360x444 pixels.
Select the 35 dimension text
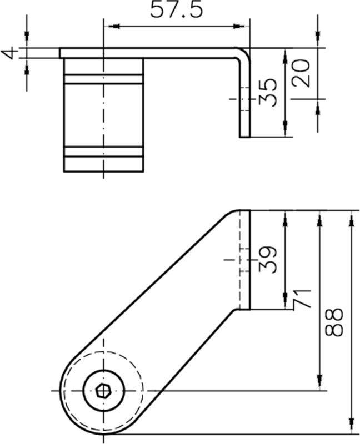(268, 92)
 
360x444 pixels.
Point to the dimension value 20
(301, 73)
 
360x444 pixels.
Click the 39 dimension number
(268, 259)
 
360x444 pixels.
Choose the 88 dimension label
(334, 322)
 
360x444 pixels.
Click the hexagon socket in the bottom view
(102, 391)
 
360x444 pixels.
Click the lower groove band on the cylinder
(103, 152)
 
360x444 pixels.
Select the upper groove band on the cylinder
(103, 79)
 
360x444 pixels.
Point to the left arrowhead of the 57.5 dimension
(109, 26)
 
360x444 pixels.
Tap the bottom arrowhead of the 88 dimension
(351, 427)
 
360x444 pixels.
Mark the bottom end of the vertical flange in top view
(245, 136)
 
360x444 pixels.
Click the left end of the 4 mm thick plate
(61, 53)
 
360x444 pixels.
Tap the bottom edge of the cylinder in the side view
(103, 173)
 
